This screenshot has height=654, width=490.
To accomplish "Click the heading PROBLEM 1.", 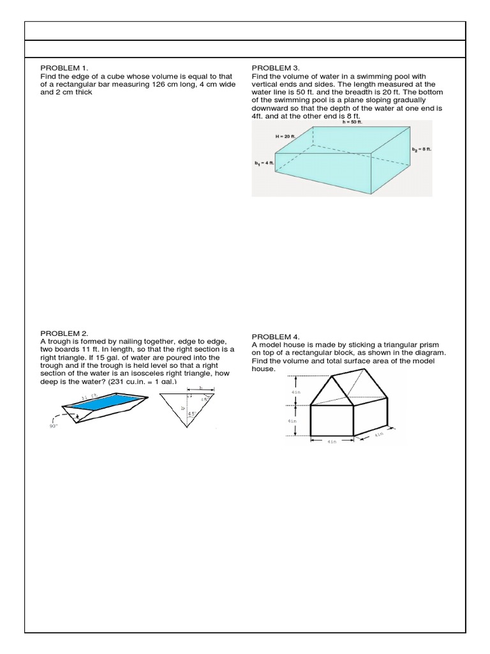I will (65, 67).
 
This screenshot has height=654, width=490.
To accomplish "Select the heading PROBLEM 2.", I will (65, 333).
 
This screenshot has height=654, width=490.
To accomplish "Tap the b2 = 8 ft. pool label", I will (422, 149).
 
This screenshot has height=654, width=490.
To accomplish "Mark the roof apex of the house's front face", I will (332, 376).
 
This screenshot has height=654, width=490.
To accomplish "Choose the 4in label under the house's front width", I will (331, 441).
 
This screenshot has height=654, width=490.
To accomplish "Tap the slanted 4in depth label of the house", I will (378, 435).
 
